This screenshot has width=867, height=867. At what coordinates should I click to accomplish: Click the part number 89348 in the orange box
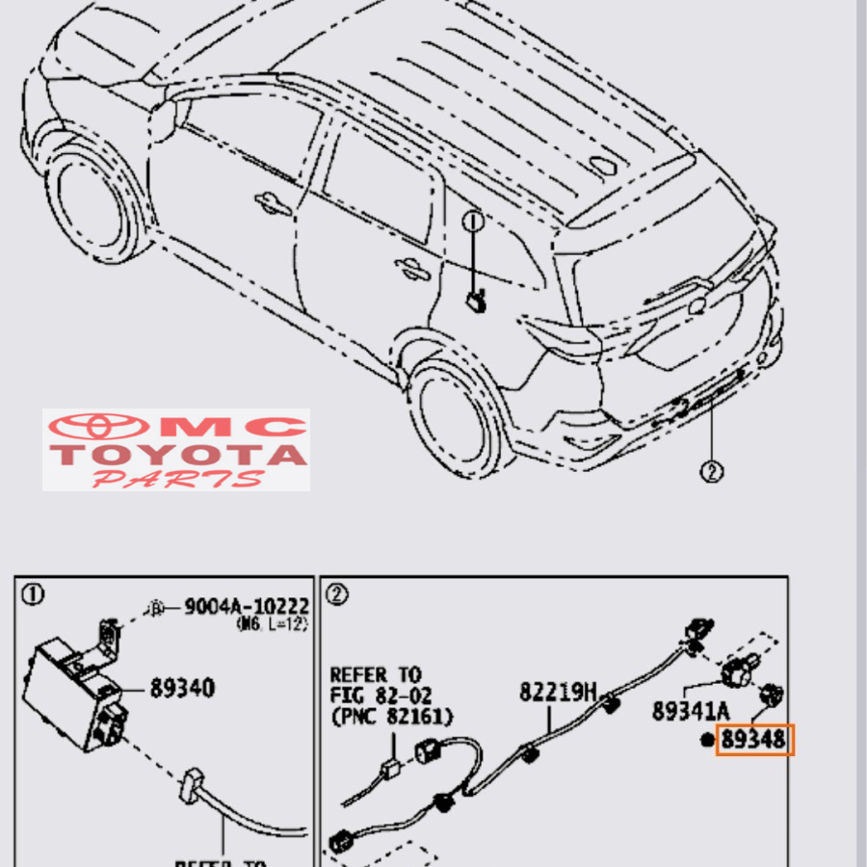(x=754, y=740)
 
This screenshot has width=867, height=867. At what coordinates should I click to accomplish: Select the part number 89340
(x=182, y=689)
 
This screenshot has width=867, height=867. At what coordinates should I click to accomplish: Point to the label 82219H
(x=559, y=692)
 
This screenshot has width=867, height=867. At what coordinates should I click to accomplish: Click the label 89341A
(x=691, y=712)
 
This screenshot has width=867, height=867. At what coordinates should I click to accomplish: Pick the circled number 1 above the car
(x=472, y=223)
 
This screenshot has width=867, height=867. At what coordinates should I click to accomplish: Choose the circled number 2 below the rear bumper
(x=711, y=472)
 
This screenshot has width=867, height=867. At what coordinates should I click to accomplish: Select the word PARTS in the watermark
(x=177, y=479)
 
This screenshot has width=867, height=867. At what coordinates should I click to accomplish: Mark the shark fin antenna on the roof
(x=606, y=165)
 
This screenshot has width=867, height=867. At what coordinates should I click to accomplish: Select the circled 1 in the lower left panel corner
(x=32, y=595)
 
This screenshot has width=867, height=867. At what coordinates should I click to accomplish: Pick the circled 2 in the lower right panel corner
(x=336, y=595)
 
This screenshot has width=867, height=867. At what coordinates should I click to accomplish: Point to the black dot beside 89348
(x=708, y=740)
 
